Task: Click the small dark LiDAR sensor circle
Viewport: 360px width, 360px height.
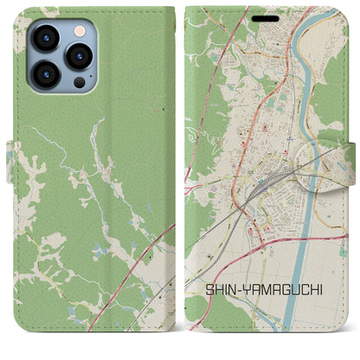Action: (x=79, y=81)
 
